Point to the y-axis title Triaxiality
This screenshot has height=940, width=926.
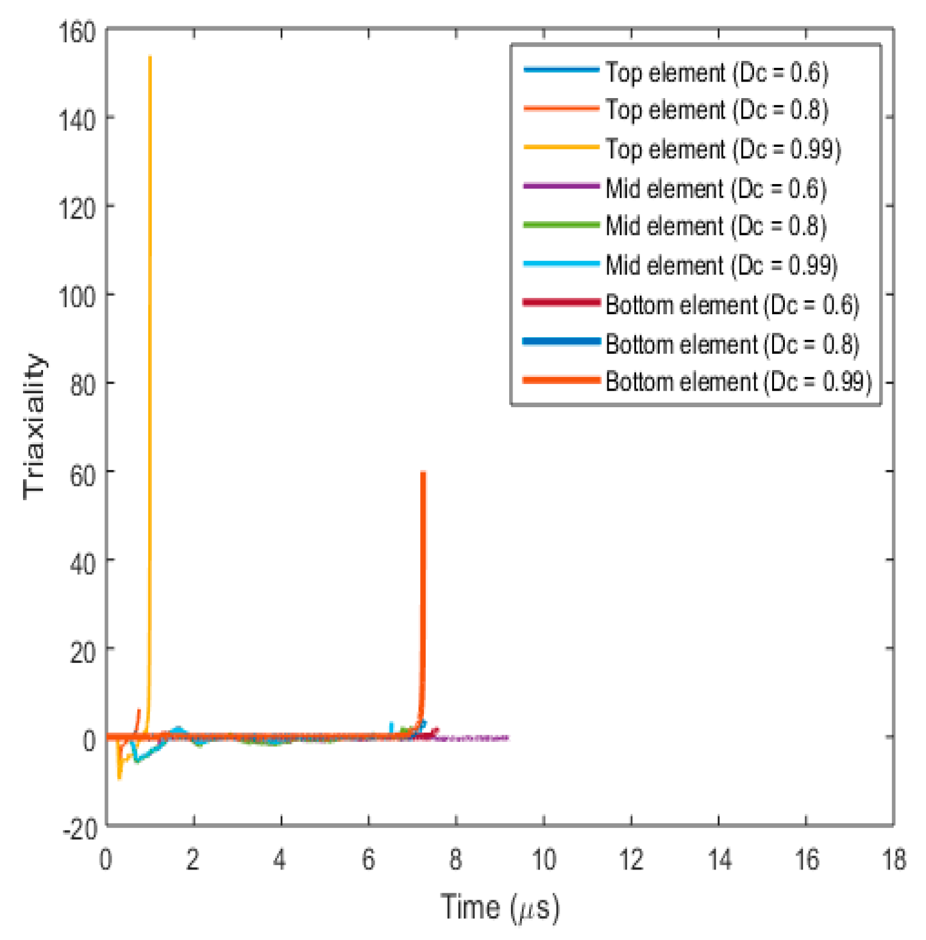(x=35, y=426)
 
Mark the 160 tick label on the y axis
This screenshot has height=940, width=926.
(x=77, y=32)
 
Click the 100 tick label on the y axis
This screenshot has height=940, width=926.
(x=77, y=296)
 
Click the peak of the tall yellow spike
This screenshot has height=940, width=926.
(x=150, y=57)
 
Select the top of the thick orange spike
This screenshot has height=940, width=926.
(x=423, y=473)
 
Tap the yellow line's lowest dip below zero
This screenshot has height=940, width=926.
(x=119, y=778)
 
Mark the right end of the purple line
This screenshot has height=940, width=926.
(x=508, y=739)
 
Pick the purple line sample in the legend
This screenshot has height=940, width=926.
(x=561, y=187)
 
